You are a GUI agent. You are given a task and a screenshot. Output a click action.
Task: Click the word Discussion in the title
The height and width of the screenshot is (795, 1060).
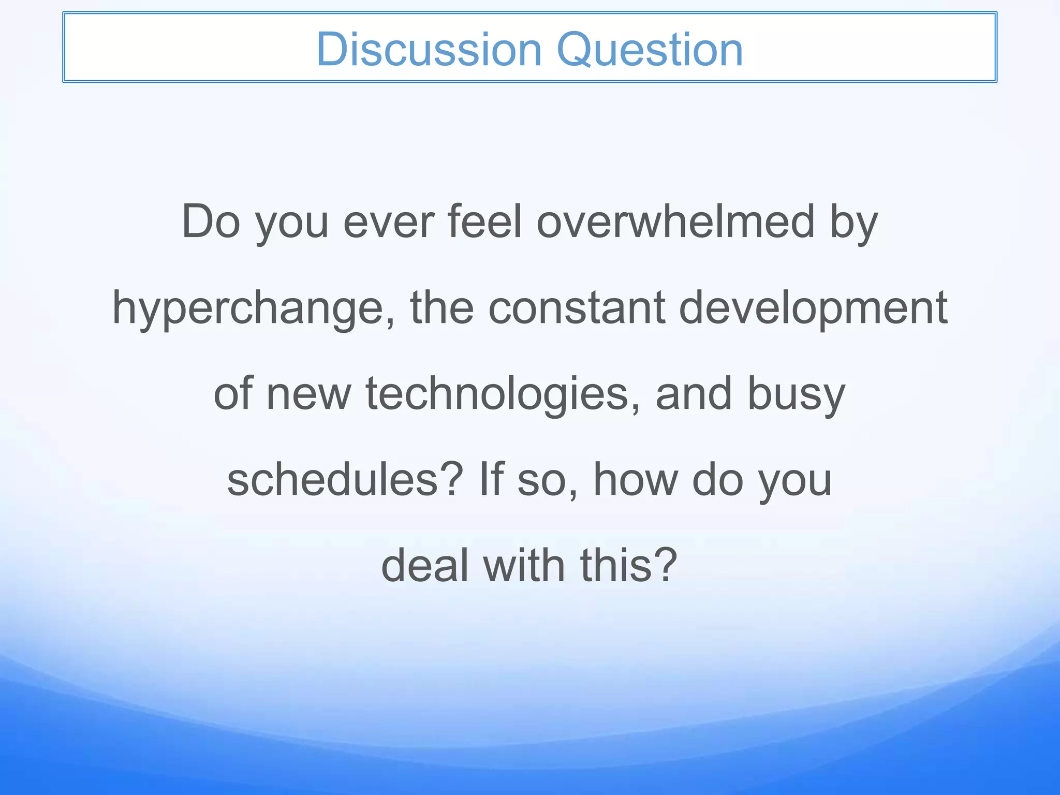point(429,50)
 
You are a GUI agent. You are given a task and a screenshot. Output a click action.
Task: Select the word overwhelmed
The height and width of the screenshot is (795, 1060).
point(676,222)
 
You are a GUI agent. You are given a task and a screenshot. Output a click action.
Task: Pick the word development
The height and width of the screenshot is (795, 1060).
point(813,308)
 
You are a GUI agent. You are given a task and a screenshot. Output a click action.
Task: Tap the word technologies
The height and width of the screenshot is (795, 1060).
point(497,394)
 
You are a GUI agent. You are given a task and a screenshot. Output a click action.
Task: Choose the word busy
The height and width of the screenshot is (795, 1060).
point(796,394)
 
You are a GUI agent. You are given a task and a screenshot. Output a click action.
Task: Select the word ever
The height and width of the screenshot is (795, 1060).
point(389,222)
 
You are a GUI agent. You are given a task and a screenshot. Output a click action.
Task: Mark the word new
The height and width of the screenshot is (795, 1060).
point(308,394)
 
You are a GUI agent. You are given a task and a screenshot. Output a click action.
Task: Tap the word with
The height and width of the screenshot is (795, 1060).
point(523,565)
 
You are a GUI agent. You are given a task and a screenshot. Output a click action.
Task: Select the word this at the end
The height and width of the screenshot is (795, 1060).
point(616,565)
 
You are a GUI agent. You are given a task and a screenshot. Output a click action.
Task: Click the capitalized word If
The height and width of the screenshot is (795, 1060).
point(491,480)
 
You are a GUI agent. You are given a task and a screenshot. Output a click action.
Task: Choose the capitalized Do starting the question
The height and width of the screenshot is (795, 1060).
point(211,222)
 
